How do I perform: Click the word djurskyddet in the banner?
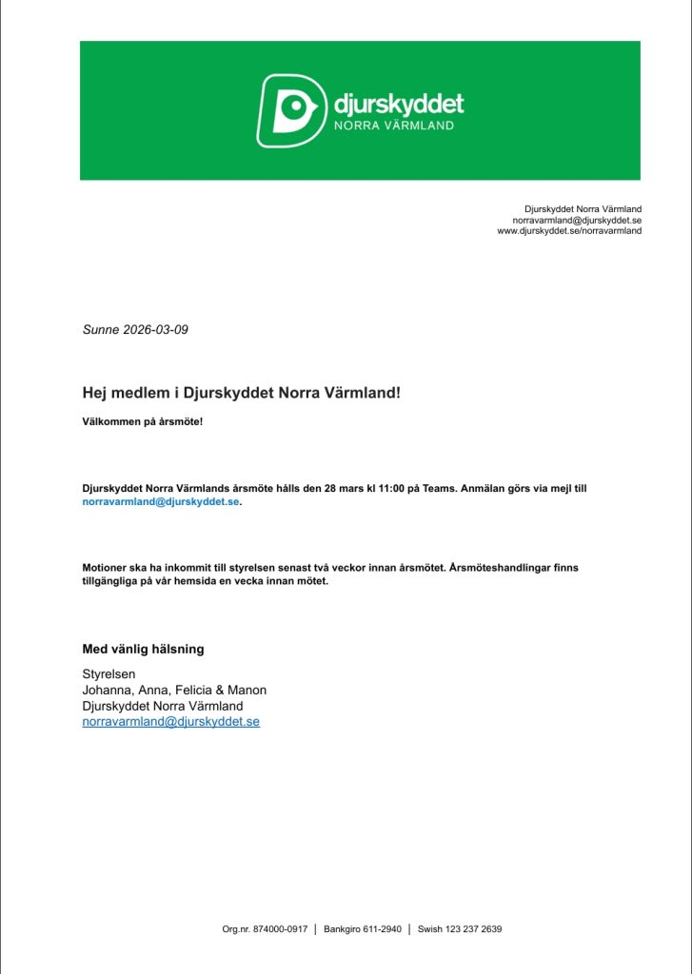[x=398, y=103]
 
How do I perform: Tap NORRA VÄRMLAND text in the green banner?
[x=392, y=126]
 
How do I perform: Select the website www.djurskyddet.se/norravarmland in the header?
[x=569, y=231]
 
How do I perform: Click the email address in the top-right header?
[x=577, y=220]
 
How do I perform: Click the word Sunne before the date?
[x=102, y=330]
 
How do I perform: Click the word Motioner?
[x=107, y=568]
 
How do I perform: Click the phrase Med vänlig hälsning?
[x=143, y=650]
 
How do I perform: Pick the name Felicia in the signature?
[x=200, y=690]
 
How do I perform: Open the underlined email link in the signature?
[x=171, y=722]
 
